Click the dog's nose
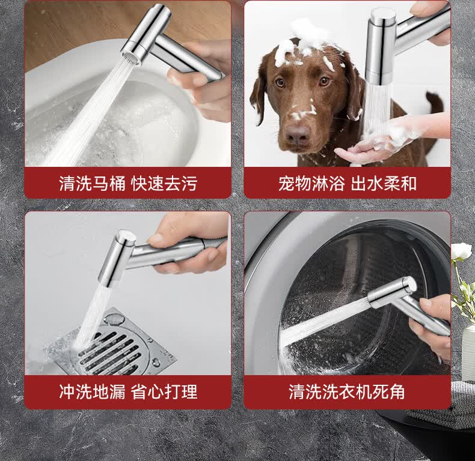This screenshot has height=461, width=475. tap(298, 134)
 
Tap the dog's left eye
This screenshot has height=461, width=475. tap(325, 81)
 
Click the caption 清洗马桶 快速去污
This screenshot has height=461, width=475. tap(128, 183)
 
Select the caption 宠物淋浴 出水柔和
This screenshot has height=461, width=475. tap(348, 183)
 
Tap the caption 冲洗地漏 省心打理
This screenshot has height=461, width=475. tap(128, 392)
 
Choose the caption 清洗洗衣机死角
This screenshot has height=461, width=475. tap(347, 392)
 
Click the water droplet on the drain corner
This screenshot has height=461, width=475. tap(114, 319)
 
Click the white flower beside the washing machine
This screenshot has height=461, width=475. tap(461, 253)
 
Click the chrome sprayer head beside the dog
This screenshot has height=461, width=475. tap(380, 46)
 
